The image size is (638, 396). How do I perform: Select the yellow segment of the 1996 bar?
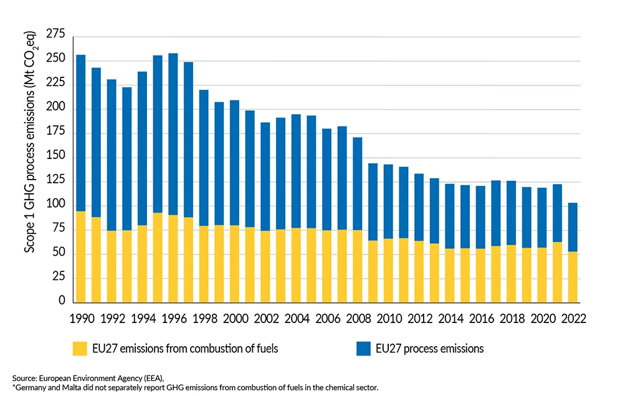173,258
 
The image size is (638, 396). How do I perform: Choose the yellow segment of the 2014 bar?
450,274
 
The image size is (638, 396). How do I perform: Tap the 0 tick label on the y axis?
61,301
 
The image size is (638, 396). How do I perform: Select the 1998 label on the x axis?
203,317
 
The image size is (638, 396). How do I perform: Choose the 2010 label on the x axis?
388,317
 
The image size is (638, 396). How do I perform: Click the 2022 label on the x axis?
573,317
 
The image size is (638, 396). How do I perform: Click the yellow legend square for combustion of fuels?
81,349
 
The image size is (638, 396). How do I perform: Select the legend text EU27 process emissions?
430,349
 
